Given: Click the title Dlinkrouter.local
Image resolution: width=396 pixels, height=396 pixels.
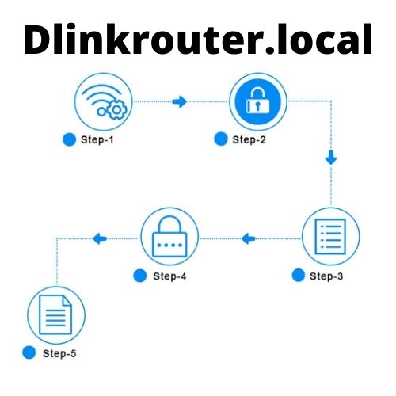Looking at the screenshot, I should point(198,40).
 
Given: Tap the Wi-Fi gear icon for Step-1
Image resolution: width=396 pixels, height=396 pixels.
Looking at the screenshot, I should point(104,102).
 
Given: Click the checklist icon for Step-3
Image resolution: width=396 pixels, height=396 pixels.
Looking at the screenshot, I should point(331,237).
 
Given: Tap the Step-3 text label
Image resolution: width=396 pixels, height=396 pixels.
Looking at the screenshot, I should point(326,276).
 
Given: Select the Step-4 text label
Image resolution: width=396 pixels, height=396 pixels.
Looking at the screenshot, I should point(169,276).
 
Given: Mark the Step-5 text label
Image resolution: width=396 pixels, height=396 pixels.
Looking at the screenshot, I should point(60,353).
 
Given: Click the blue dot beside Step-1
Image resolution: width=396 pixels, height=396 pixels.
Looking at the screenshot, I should point(68,140).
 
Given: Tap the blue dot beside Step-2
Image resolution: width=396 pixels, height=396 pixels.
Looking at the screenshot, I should point(221,140).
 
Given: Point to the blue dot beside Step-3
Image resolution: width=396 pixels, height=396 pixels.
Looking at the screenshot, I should point(298,276).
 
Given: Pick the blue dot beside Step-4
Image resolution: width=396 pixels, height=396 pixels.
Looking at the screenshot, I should point(140,276).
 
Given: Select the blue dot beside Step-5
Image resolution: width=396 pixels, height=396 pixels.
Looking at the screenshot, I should point(30,353).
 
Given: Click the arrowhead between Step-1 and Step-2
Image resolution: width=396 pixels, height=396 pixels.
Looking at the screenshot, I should point(181,102).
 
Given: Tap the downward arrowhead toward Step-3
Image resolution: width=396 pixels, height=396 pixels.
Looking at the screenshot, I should point(331,159).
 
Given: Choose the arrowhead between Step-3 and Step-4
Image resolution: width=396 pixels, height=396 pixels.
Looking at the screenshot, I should point(249,238).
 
